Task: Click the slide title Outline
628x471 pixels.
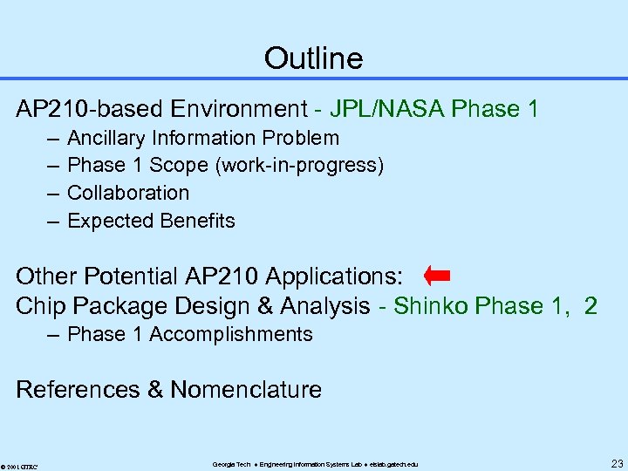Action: click(x=313, y=58)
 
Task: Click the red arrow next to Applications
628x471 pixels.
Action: click(x=436, y=276)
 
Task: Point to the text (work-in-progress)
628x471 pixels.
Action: click(x=309, y=166)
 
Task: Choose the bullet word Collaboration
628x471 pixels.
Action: click(x=128, y=193)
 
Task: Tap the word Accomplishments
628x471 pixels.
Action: click(x=231, y=334)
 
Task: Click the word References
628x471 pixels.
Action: click(x=78, y=389)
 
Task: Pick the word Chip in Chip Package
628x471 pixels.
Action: click(x=41, y=305)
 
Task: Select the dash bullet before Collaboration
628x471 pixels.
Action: click(x=51, y=193)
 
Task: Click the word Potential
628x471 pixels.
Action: click(x=131, y=276)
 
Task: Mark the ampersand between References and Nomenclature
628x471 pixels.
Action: click(x=155, y=389)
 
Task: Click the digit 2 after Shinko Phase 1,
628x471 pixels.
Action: click(x=590, y=305)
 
